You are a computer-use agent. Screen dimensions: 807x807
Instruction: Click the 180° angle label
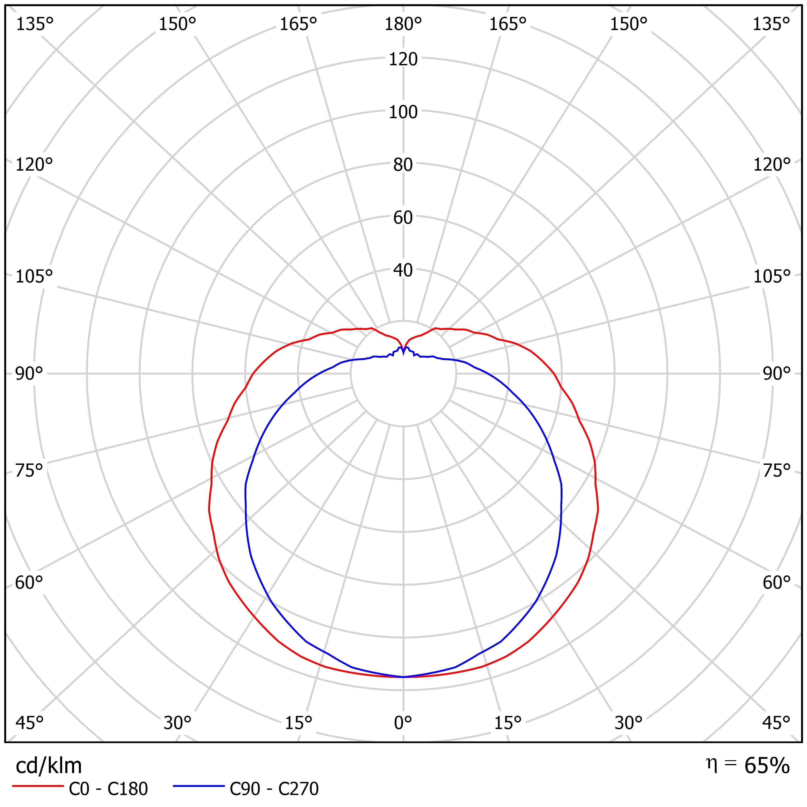point(403,25)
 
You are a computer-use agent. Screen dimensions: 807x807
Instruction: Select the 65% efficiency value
point(767,766)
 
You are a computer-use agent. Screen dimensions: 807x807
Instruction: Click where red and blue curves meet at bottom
point(403,677)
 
